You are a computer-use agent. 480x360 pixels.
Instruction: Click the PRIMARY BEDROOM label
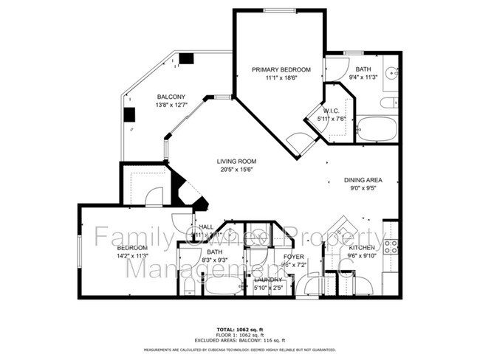coord(281,69)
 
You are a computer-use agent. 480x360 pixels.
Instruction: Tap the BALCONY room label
coord(170,97)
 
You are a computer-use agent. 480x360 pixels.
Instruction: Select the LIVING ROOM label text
coord(236,161)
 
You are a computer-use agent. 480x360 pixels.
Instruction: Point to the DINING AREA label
coord(363,179)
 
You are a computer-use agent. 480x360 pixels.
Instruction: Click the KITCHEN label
coord(362,248)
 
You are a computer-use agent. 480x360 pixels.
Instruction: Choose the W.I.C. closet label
coord(331,110)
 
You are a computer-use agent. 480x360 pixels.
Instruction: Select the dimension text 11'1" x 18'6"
coord(281,78)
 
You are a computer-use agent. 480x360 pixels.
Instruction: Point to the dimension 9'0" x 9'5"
coord(363,188)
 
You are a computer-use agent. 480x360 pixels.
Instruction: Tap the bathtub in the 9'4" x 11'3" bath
coord(377,129)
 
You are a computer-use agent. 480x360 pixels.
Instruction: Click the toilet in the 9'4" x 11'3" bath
coord(391,103)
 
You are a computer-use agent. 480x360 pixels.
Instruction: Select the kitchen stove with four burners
coord(392,247)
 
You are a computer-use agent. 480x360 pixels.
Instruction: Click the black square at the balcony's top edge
coord(186,58)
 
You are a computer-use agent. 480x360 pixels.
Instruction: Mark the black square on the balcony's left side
coord(129,114)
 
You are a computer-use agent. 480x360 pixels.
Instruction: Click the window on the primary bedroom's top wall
coord(279,10)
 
